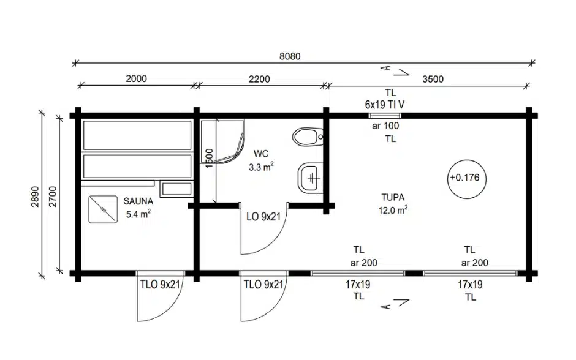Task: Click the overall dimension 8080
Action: [x=290, y=56]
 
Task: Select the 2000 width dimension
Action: [x=136, y=78]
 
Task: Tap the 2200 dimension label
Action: [x=259, y=79]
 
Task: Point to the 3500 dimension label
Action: [x=433, y=79]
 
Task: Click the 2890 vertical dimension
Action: [x=35, y=197]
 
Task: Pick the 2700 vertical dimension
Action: [x=53, y=197]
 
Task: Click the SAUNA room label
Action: [x=138, y=201]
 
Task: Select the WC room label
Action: [x=261, y=154]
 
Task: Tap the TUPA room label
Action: [x=393, y=197]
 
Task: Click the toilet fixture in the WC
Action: [x=308, y=137]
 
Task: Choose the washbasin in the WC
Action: [x=311, y=178]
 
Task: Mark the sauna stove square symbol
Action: [x=103, y=209]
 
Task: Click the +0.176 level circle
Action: [x=466, y=179]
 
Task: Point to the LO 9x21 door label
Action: [x=263, y=217]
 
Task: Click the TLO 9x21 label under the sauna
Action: [x=160, y=285]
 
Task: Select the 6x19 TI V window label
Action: [x=385, y=105]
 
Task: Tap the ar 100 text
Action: [x=385, y=126]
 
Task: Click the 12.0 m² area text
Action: [x=393, y=210]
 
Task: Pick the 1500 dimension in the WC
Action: [x=209, y=158]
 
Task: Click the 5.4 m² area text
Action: [x=138, y=214]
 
